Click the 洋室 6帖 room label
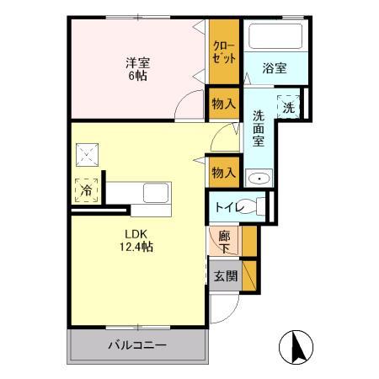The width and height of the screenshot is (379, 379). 138,67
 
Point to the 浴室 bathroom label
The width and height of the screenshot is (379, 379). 274,67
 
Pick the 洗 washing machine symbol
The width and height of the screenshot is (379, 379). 289,107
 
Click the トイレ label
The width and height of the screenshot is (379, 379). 230,207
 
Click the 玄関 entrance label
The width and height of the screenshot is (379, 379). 224,275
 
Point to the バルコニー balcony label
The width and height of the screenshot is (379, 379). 137,345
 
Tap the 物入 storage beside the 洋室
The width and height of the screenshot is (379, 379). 224,104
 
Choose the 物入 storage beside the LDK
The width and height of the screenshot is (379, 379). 224,172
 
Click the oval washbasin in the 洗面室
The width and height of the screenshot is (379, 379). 259,178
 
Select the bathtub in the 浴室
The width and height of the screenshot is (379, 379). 275,38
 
